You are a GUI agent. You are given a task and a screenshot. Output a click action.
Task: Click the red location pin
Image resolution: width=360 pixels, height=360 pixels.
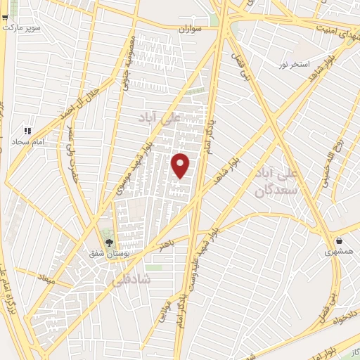point(181,165)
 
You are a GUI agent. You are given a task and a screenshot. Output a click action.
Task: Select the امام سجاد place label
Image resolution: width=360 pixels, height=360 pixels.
point(27,141)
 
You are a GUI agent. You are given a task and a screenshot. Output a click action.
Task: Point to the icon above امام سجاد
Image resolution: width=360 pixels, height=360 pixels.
point(27,131)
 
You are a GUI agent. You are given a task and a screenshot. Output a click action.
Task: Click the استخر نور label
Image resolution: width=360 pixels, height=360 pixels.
point(294,65)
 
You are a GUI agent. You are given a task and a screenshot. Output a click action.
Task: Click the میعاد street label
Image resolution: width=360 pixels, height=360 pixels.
point(46,281)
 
